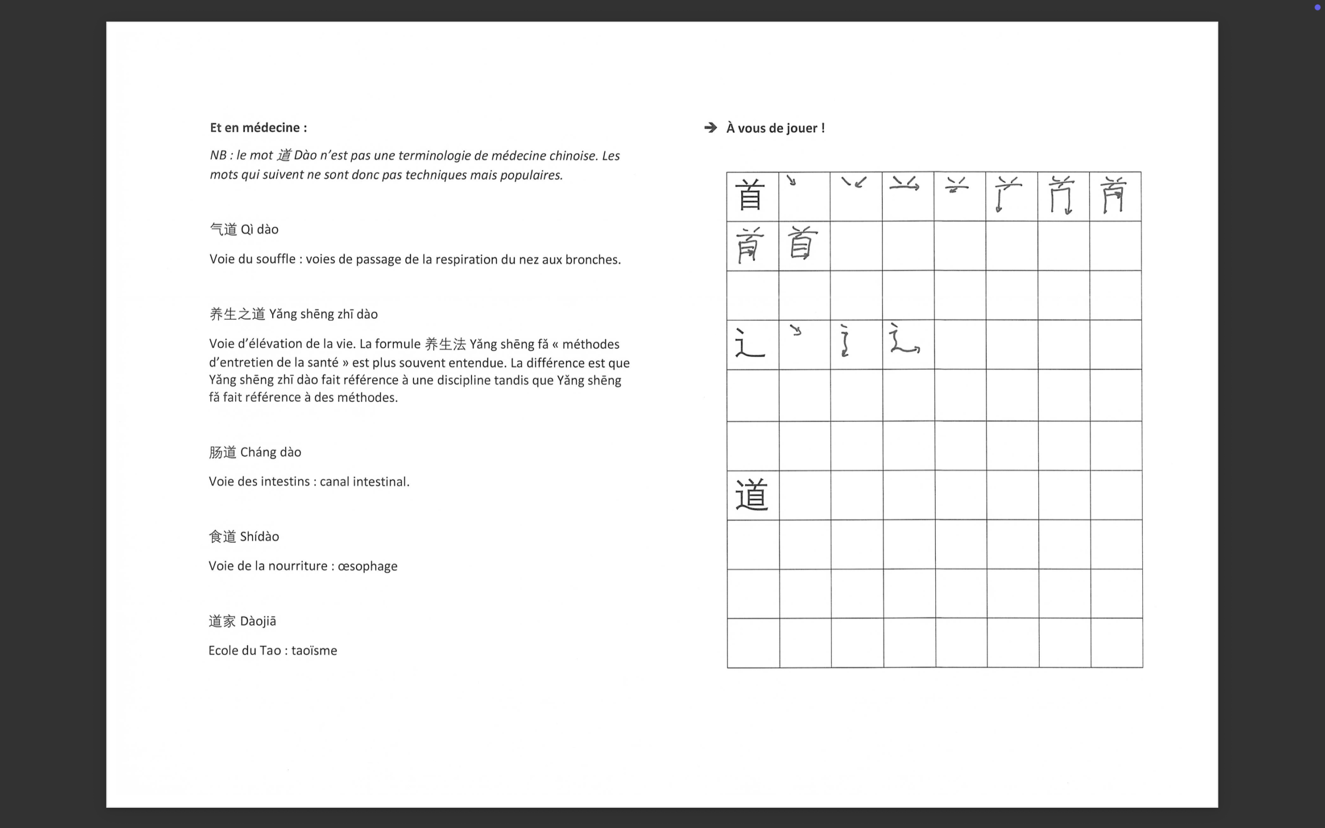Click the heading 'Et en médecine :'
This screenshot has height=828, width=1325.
coord(258,128)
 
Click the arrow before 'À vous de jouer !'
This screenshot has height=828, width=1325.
coord(710,128)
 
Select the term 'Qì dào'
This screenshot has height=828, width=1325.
coord(259,229)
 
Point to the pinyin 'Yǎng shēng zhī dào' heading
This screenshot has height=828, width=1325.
coord(323,314)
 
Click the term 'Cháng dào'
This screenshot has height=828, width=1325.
coord(271,452)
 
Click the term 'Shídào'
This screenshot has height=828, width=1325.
coord(259,537)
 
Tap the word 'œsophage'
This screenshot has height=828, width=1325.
coord(367,566)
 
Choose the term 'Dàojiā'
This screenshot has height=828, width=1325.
coord(258,621)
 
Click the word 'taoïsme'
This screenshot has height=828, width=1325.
coord(314,650)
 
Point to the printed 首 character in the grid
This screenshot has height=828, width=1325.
coord(749,195)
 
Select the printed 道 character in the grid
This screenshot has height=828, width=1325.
coord(751,495)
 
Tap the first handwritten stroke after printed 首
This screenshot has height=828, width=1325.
coord(791,180)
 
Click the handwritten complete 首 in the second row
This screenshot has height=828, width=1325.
coord(802,243)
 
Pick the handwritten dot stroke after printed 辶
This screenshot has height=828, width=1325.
coord(796,330)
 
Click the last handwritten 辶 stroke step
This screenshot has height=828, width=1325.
coord(905,339)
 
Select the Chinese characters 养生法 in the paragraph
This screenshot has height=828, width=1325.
coord(445,345)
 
